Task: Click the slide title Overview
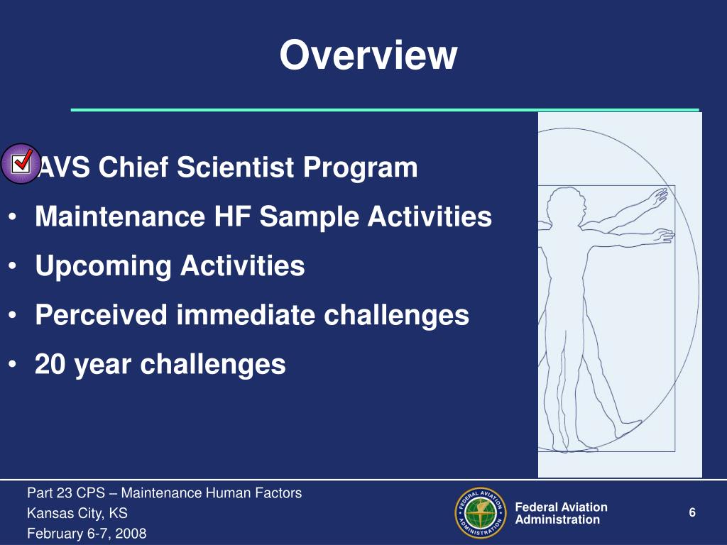(368, 55)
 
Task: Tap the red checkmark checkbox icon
(21, 163)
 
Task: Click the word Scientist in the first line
(235, 167)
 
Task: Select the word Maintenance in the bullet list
(120, 216)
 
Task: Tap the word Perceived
(101, 315)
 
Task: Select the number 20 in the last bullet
(50, 364)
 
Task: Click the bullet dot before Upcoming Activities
(13, 267)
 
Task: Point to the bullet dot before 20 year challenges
(13, 365)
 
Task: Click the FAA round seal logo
(481, 512)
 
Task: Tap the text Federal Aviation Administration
(561, 513)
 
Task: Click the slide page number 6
(692, 512)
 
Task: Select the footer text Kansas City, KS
(77, 513)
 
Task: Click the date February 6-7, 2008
(87, 534)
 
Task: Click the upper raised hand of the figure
(658, 198)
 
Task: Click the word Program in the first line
(360, 167)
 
